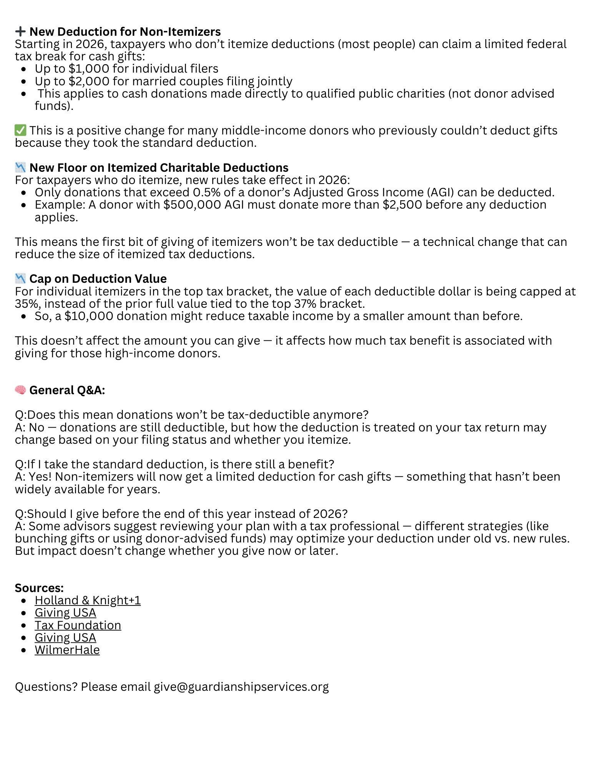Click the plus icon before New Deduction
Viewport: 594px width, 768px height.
tap(20, 31)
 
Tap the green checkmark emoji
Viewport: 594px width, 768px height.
tap(20, 130)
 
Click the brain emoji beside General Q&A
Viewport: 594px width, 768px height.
tap(20, 390)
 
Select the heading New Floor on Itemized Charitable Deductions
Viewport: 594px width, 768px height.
tap(159, 168)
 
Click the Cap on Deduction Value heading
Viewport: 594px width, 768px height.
tap(98, 279)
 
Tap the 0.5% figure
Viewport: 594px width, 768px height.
tap(206, 192)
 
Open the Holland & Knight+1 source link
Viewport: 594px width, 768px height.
tap(88, 600)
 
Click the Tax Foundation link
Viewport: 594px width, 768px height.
tap(78, 625)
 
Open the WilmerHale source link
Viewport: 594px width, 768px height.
tap(67, 650)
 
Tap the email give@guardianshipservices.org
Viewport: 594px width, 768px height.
tap(241, 687)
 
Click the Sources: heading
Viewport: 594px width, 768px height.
tap(39, 588)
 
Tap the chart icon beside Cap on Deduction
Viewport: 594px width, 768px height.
tap(20, 279)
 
